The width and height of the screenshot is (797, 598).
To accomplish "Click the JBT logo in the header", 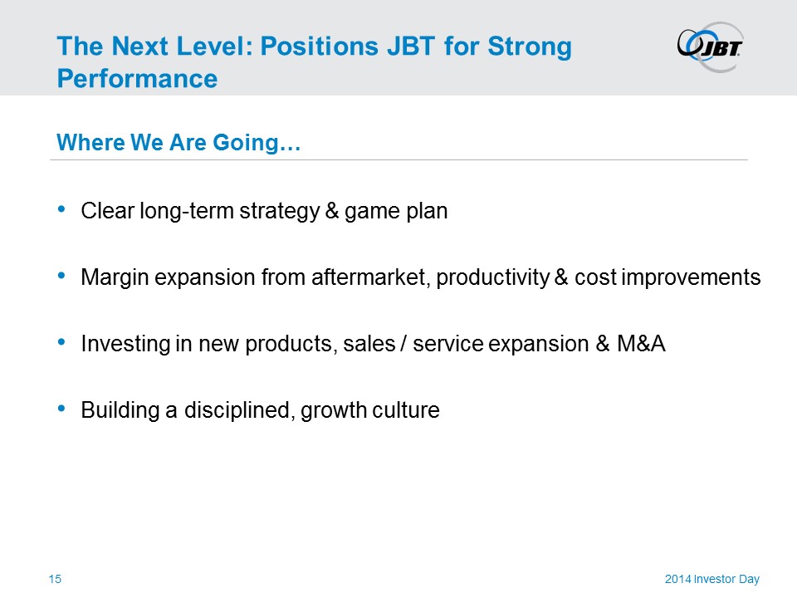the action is pos(711,47).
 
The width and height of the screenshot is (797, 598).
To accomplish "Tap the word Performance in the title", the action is pos(137,79).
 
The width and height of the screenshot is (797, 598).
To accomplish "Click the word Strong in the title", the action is pos(530,47).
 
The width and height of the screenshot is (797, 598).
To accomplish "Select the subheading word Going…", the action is pos(257,143).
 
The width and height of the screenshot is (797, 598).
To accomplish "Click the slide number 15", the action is pos(55,579).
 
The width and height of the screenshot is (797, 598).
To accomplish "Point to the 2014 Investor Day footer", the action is pos(712,579).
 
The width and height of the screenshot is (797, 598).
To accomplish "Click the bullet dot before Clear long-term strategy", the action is pos(62,209).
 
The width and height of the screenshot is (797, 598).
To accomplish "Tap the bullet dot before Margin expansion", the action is pos(62,276).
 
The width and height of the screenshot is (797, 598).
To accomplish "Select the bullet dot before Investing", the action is pos(62,342).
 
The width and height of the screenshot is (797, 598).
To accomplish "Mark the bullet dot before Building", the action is pos(62,409).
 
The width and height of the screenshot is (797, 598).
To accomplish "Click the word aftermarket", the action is pos(370,277).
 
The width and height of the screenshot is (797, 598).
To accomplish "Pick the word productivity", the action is pos(493,278).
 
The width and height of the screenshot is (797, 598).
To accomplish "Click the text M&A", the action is pos(641,344).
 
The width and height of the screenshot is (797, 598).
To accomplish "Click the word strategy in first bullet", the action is pos(280,212).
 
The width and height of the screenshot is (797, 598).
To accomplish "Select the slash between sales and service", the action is pos(403,344).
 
